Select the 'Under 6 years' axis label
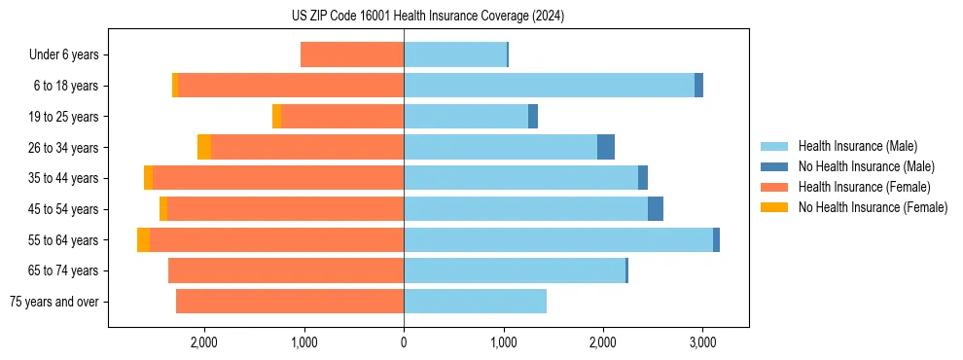click(64, 54)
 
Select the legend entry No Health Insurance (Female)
click(872, 207)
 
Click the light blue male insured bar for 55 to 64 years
click(558, 239)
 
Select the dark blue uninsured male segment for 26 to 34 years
click(606, 147)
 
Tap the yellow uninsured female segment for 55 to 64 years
click(144, 239)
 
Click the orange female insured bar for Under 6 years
click(352, 54)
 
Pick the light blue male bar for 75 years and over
click(475, 302)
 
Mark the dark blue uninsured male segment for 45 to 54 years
click(656, 209)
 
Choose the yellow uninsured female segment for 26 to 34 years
click(204, 147)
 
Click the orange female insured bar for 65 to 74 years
click(286, 270)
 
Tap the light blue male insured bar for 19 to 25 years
click(466, 117)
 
